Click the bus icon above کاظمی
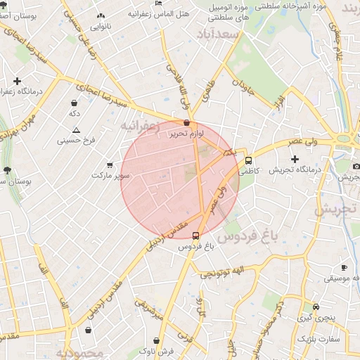pyautogui.click(x=248, y=160)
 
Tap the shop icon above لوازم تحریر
pyautogui.click(x=186, y=122)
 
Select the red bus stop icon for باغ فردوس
pyautogui.click(x=195, y=236)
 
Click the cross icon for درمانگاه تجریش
pyautogui.click(x=295, y=159)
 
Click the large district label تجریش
pyautogui.click(x=336, y=209)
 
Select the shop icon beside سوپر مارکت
pyautogui.click(x=109, y=165)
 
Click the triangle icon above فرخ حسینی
pyautogui.click(x=77, y=131)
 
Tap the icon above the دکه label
pyautogui.click(x=74, y=103)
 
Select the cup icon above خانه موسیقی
pyautogui.click(x=344, y=267)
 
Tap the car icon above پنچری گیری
pyautogui.click(x=316, y=307)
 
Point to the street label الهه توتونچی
pyautogui.click(x=222, y=271)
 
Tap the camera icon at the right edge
pyautogui.click(x=356, y=167)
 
